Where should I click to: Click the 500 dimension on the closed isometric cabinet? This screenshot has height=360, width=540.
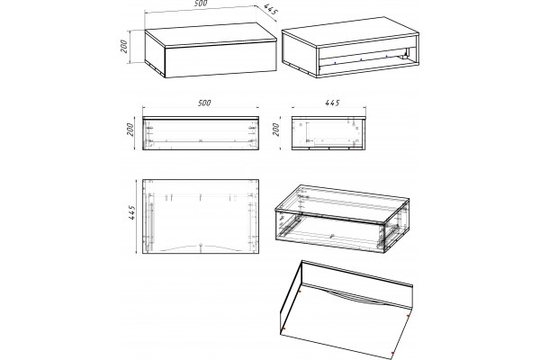pos(201,3)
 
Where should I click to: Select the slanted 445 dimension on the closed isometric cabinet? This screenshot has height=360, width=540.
pos(271,9)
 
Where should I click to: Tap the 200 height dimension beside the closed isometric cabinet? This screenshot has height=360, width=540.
pos(124,46)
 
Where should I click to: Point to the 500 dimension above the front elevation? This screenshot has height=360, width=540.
pos(204,103)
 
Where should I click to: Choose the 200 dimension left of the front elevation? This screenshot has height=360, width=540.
pos(130,130)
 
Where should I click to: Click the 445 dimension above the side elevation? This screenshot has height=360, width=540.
pos(333,103)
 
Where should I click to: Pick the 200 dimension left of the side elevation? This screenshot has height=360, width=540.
pos(276,130)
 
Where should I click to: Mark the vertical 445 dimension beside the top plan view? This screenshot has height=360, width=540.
pos(131,212)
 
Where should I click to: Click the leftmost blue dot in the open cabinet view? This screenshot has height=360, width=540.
pos(335,63)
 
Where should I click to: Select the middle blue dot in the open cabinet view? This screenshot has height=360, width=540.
pos(361,59)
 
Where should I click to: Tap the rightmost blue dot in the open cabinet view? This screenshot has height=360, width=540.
pos(386,56)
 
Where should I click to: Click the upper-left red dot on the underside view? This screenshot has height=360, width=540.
pos(300,292)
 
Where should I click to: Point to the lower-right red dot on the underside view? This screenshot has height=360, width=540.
pos(392,353)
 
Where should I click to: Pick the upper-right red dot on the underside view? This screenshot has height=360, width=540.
pos(408,316)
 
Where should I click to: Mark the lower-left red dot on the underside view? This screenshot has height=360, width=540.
pos(284,328)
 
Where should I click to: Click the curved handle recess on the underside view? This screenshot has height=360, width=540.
pos(355,298)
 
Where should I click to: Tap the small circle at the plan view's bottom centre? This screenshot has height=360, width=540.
pos(201,245)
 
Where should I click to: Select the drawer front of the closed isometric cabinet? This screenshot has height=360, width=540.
pos(220,59)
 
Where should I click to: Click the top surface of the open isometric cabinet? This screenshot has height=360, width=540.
pos(351,31)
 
